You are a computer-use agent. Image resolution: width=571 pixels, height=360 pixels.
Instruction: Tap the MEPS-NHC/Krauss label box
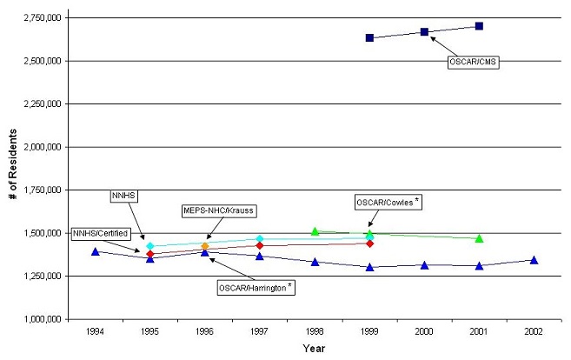coord(220,210)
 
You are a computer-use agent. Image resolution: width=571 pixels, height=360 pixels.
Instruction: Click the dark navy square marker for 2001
coord(479,26)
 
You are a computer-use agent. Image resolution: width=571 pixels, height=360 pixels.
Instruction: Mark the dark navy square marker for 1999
coord(369,38)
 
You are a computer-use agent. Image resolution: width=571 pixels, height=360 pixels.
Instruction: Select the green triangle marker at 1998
coord(315,231)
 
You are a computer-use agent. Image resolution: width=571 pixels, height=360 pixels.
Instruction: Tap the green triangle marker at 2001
coord(479,238)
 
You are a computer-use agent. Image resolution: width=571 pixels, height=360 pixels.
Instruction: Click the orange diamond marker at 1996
coord(205,247)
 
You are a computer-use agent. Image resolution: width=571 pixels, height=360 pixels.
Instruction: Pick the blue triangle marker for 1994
coord(95,251)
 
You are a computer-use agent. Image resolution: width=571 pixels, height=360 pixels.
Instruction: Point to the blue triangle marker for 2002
coord(534,260)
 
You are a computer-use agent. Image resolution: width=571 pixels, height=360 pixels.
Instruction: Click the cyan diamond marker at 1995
coord(149,246)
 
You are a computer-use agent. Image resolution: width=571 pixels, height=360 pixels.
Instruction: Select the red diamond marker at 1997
coord(260,246)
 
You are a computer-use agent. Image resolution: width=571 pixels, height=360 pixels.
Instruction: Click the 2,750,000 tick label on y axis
coord(39,17)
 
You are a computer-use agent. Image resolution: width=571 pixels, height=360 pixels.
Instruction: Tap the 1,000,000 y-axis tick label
coord(39,319)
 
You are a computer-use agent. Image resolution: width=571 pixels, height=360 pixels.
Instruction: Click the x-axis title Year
coord(314,350)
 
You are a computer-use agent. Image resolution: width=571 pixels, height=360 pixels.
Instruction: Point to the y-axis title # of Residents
coord(12,168)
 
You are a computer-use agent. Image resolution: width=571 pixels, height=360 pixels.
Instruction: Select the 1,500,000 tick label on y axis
coord(39,233)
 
